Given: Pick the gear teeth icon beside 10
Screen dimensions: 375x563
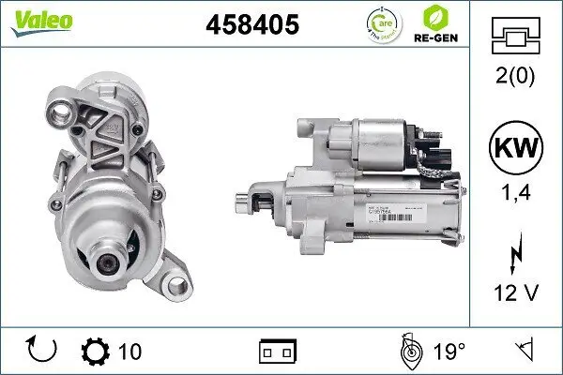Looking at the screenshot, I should point(96,351).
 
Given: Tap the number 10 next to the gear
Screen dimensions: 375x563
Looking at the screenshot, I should point(130,352).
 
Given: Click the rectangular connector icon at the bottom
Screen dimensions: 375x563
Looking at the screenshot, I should point(277,352).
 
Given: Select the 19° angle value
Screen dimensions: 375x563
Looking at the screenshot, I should point(450,352).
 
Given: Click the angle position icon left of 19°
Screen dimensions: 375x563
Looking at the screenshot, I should point(409,351).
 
